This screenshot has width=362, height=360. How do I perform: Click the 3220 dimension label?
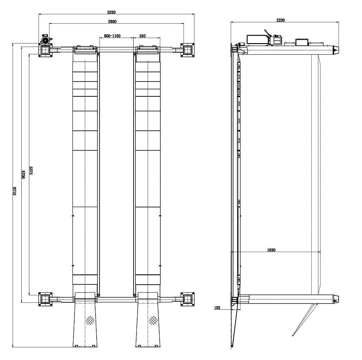[111, 12]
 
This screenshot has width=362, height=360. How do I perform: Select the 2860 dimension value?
[112, 21]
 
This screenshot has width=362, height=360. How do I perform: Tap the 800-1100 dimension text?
[112, 36]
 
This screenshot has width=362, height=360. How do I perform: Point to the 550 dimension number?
[142, 36]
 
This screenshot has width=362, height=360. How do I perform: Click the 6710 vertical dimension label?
[14, 191]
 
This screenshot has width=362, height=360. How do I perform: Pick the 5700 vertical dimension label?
[23, 174]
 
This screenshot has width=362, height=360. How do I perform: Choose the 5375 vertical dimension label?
[31, 171]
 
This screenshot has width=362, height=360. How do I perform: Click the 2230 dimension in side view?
[281, 20]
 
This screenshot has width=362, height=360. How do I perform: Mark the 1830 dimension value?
[271, 250]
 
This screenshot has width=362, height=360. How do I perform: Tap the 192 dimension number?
[217, 307]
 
